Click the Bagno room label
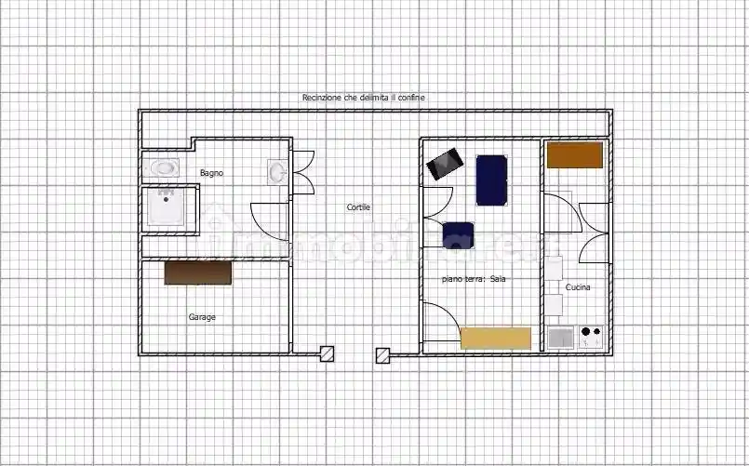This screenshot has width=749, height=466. [x=211, y=173]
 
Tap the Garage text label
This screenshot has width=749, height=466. [x=202, y=317]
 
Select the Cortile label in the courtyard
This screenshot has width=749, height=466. [x=358, y=207]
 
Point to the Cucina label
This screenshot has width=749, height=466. [x=578, y=287]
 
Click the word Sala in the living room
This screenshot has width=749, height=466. [x=498, y=279]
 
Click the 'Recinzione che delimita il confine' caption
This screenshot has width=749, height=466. [x=364, y=98]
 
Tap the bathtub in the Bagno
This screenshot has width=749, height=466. [x=162, y=168]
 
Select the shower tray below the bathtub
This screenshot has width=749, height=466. [x=166, y=206]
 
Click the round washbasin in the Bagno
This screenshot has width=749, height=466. [x=277, y=172]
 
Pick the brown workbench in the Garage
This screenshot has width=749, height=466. [x=198, y=273]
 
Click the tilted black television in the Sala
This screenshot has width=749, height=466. [x=445, y=164]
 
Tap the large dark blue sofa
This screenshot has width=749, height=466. [x=491, y=180]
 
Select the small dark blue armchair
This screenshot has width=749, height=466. [x=458, y=235]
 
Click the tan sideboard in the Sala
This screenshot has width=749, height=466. [x=496, y=339]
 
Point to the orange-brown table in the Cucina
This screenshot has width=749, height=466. [x=575, y=155]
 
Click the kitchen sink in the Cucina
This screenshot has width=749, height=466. [x=561, y=338]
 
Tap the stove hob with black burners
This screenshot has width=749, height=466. [x=592, y=337]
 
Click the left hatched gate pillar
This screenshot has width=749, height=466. [x=327, y=353]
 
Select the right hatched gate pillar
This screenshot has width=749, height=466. [x=382, y=355]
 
